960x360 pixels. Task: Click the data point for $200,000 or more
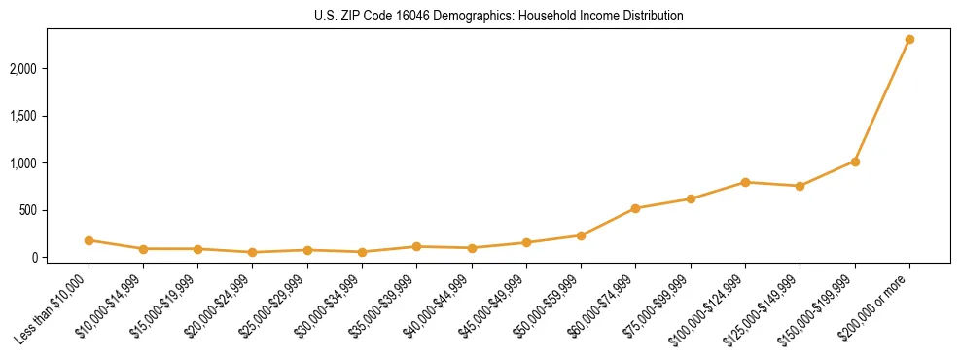[909, 40]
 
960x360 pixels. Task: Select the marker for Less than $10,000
[89, 240]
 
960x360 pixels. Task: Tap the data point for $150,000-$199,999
[855, 162]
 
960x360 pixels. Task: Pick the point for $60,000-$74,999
[635, 208]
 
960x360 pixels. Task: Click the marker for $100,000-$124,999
[745, 182]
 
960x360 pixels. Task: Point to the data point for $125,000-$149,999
[800, 186]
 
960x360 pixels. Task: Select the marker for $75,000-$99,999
[691, 199]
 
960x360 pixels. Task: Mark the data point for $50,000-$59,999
[581, 235]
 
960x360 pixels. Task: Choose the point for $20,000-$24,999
[253, 252]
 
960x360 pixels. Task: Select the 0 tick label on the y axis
[61, 258]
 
